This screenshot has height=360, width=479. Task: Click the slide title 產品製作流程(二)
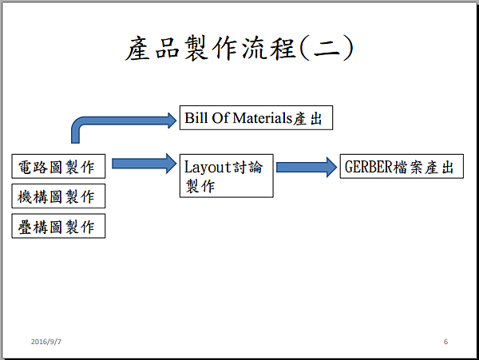pyautogui.click(x=239, y=49)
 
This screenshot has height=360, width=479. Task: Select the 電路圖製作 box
pyautogui.click(x=59, y=167)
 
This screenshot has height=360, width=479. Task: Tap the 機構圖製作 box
pyautogui.click(x=59, y=196)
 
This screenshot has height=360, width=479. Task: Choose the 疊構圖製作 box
pyautogui.click(x=59, y=227)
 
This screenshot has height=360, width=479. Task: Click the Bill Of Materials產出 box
pyautogui.click(x=255, y=119)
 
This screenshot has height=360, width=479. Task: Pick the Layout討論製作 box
pyautogui.click(x=227, y=176)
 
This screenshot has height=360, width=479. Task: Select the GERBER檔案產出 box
pyautogui.click(x=402, y=167)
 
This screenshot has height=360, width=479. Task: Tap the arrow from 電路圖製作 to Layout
pyautogui.click(x=144, y=164)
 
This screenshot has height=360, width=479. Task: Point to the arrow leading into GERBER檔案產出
pyautogui.click(x=307, y=168)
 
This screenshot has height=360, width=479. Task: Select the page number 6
pyautogui.click(x=445, y=342)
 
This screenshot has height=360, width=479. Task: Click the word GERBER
pyautogui.click(x=369, y=167)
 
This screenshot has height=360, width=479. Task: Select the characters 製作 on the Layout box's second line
pyautogui.click(x=200, y=185)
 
